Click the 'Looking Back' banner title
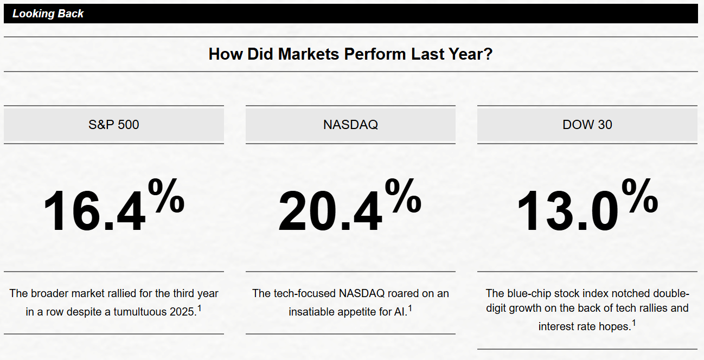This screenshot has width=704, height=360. click(48, 14)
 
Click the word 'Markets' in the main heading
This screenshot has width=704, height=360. click(308, 54)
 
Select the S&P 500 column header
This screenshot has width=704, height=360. click(114, 125)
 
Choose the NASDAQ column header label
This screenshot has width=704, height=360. click(350, 125)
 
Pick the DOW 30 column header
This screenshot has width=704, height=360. click(587, 125)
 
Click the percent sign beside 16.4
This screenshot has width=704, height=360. click(167, 196)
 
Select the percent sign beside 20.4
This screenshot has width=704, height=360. click(403, 196)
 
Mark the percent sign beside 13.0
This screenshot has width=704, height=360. click(640, 196)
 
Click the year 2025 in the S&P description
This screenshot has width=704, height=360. click(183, 312)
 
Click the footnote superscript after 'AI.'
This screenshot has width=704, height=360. click(410, 308)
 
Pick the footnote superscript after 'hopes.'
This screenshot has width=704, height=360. click(634, 323)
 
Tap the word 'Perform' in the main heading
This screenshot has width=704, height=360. click(375, 54)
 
